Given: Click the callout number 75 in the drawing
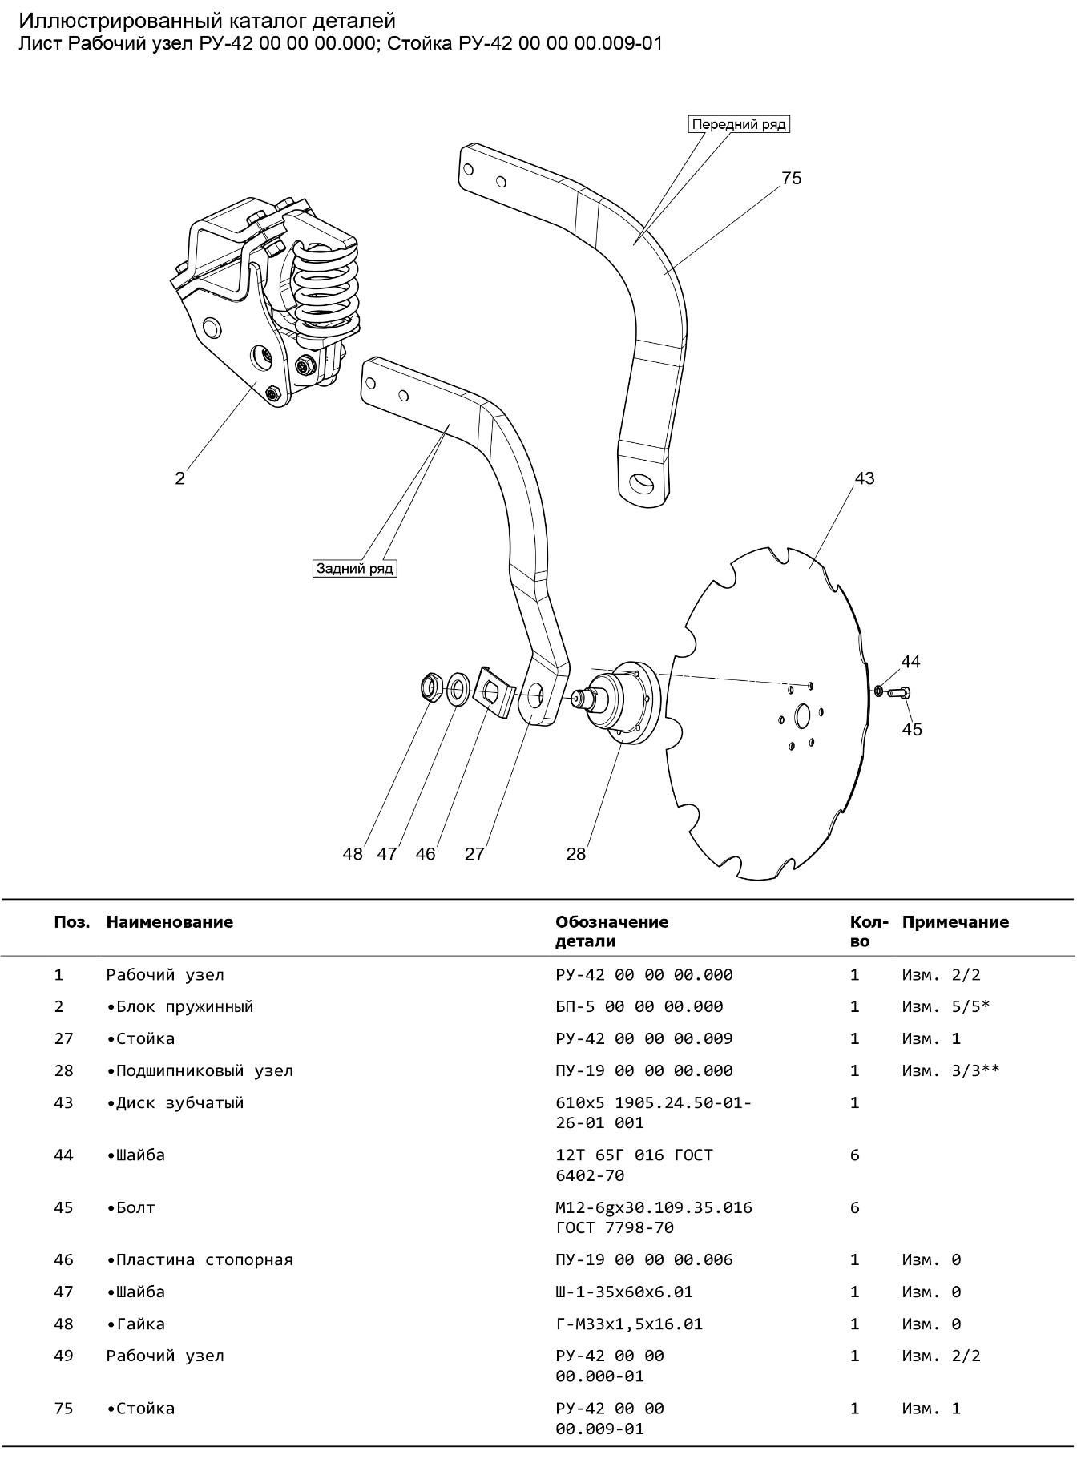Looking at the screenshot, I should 791,178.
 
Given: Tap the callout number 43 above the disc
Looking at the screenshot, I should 865,478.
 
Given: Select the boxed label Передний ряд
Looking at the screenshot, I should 739,124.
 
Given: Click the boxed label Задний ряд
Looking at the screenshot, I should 354,568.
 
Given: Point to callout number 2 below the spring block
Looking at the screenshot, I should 179,478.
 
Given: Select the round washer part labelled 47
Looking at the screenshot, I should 458,688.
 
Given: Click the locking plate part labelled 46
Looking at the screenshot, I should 492,691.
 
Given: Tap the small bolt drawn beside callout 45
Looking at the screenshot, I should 899,691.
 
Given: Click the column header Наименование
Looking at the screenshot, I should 169,922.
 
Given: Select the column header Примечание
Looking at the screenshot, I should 955,922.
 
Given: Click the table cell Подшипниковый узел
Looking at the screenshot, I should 200,1070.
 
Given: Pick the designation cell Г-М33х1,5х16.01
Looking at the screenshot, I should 628,1324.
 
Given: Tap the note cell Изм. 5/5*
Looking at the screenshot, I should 946,1006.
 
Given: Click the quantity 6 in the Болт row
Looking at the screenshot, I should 854,1207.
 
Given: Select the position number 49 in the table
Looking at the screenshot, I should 63,1356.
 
